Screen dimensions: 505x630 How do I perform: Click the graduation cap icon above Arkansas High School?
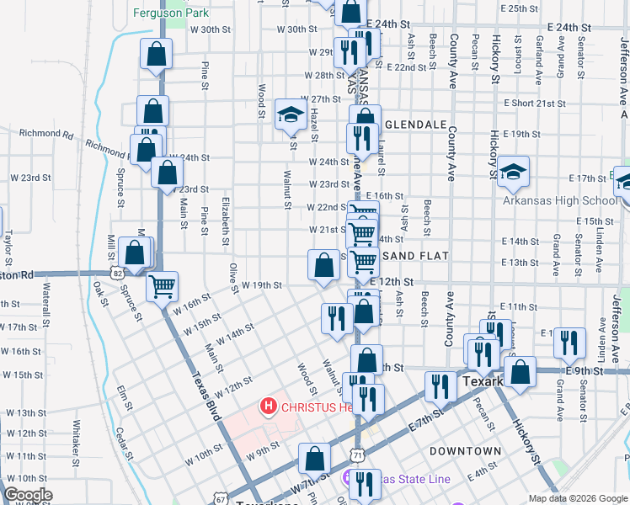pos(513,172)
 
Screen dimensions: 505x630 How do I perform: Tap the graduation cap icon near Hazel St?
pos(291,114)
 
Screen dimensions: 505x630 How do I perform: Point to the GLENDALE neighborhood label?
pos(415,124)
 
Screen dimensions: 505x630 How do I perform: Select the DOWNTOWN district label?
pos(466,451)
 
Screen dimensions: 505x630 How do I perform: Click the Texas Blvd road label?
pos(206,396)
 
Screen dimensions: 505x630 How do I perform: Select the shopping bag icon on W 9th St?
pos(314,459)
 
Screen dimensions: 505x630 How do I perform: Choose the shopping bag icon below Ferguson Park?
pos(157,56)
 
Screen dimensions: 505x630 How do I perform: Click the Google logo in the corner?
pos(28,495)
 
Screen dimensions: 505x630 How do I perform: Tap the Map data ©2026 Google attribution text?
pos(577,498)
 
